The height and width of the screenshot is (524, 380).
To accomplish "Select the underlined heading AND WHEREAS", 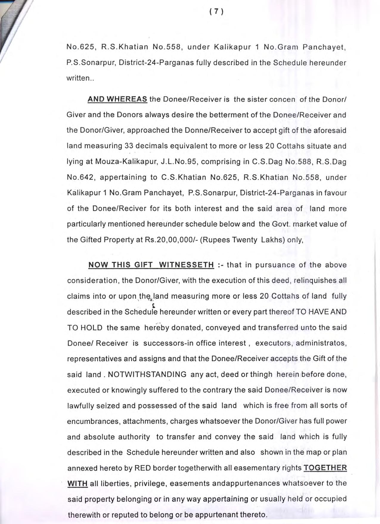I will tap(117, 99).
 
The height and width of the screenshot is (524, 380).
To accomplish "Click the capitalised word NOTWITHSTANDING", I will tap(147, 374).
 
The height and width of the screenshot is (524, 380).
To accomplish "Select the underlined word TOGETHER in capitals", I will tap(325, 468).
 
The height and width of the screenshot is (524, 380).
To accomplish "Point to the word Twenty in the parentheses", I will tap(243, 240).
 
